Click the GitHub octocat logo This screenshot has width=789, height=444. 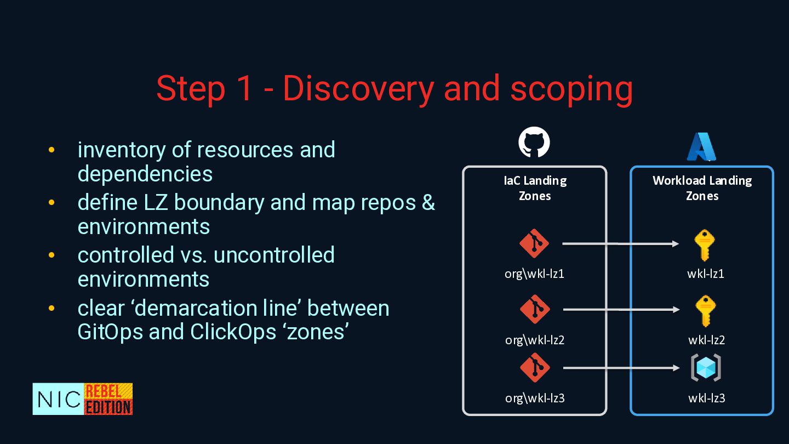point(534,143)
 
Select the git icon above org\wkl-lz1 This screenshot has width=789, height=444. point(534,244)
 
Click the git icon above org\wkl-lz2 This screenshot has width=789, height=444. point(534,310)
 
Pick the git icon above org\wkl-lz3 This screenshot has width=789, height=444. point(534,368)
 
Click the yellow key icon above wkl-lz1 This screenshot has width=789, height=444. point(705,245)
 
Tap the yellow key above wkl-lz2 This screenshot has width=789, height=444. point(705,311)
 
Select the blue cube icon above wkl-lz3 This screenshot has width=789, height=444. point(706,368)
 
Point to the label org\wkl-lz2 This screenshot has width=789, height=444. point(535,340)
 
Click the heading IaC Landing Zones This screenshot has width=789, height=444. point(535,188)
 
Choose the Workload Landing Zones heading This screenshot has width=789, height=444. point(702,188)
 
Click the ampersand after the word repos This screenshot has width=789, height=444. point(428,203)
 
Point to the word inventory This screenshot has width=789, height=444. point(121,150)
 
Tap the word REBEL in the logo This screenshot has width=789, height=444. point(107,391)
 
